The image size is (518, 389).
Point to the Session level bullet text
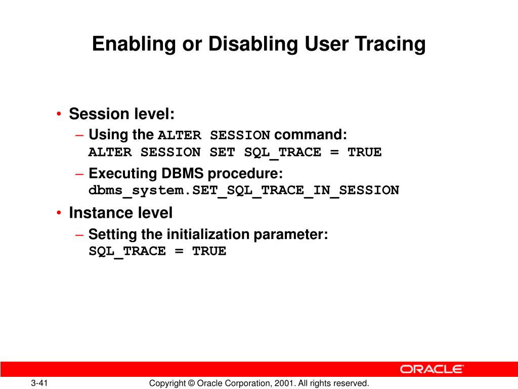click(121, 114)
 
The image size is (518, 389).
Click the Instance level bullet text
click(120, 213)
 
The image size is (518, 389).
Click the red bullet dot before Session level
click(60, 114)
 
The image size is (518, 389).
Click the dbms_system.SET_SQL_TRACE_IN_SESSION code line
click(244, 191)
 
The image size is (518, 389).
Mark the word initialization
click(208, 235)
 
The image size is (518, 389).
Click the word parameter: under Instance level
click(291, 235)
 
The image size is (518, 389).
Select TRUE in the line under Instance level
click(209, 251)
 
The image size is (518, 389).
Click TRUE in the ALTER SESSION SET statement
click(364, 152)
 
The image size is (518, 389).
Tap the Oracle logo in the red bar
click(431, 369)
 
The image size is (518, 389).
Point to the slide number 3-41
click(39, 383)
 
